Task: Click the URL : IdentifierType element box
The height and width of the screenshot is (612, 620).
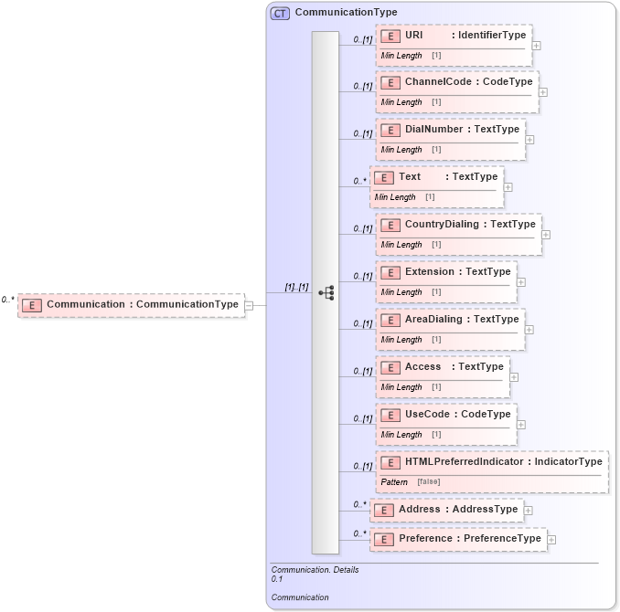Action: (x=454, y=36)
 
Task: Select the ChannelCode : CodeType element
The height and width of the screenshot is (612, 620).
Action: (x=456, y=82)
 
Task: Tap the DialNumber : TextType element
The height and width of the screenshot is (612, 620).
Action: (x=451, y=130)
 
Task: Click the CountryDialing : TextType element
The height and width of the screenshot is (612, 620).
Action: (x=458, y=225)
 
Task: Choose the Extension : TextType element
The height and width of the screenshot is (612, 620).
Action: (x=446, y=272)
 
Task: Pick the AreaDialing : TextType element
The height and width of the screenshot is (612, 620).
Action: (x=450, y=320)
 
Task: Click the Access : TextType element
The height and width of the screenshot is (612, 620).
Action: (x=443, y=367)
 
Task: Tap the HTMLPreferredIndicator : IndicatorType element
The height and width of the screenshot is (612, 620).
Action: (x=492, y=462)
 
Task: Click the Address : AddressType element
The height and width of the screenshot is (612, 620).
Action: (x=446, y=510)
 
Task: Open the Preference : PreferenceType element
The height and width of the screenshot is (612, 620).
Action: (x=458, y=539)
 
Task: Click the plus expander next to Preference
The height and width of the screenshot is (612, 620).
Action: (x=551, y=540)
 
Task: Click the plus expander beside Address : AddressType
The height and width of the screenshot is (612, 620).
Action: (x=528, y=511)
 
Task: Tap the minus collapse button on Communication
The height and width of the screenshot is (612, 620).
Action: (x=249, y=305)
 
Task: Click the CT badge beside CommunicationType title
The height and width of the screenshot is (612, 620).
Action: (x=280, y=13)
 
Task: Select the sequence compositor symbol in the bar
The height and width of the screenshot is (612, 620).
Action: (x=326, y=293)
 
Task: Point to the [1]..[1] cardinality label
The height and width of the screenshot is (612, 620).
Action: (x=296, y=287)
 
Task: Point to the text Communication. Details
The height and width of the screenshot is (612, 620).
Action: (x=315, y=570)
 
